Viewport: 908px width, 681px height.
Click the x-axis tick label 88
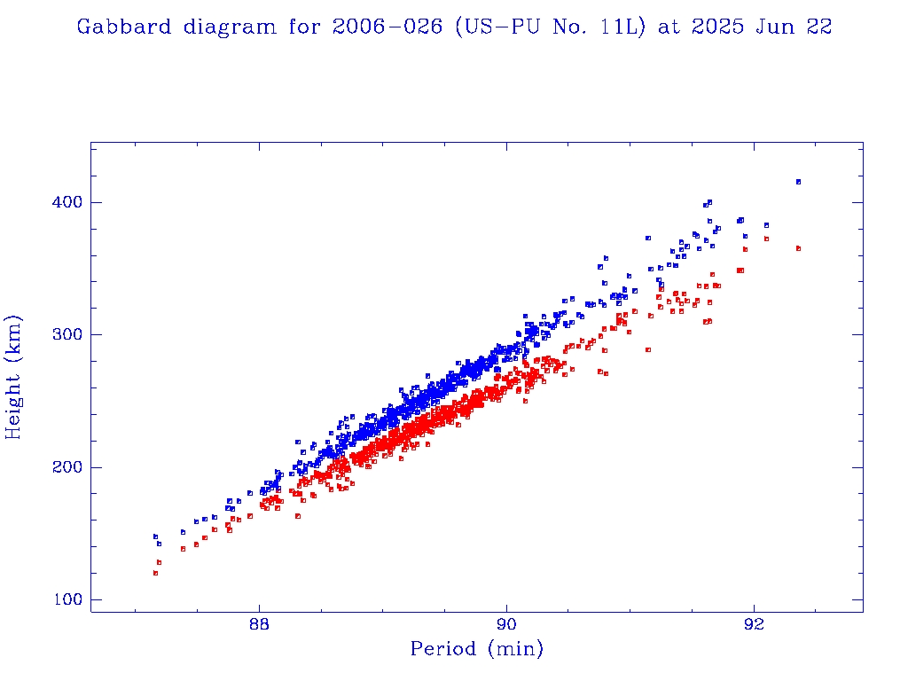[259, 623]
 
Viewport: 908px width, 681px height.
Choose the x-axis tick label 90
[506, 623]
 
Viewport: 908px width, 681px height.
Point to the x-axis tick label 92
[754, 623]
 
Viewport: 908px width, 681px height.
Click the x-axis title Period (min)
[476, 649]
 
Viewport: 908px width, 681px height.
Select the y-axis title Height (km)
[14, 377]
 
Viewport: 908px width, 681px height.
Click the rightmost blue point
[798, 182]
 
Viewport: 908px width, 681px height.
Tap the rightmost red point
[798, 249]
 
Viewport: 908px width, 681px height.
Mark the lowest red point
[155, 573]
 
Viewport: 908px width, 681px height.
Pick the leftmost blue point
[155, 536]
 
